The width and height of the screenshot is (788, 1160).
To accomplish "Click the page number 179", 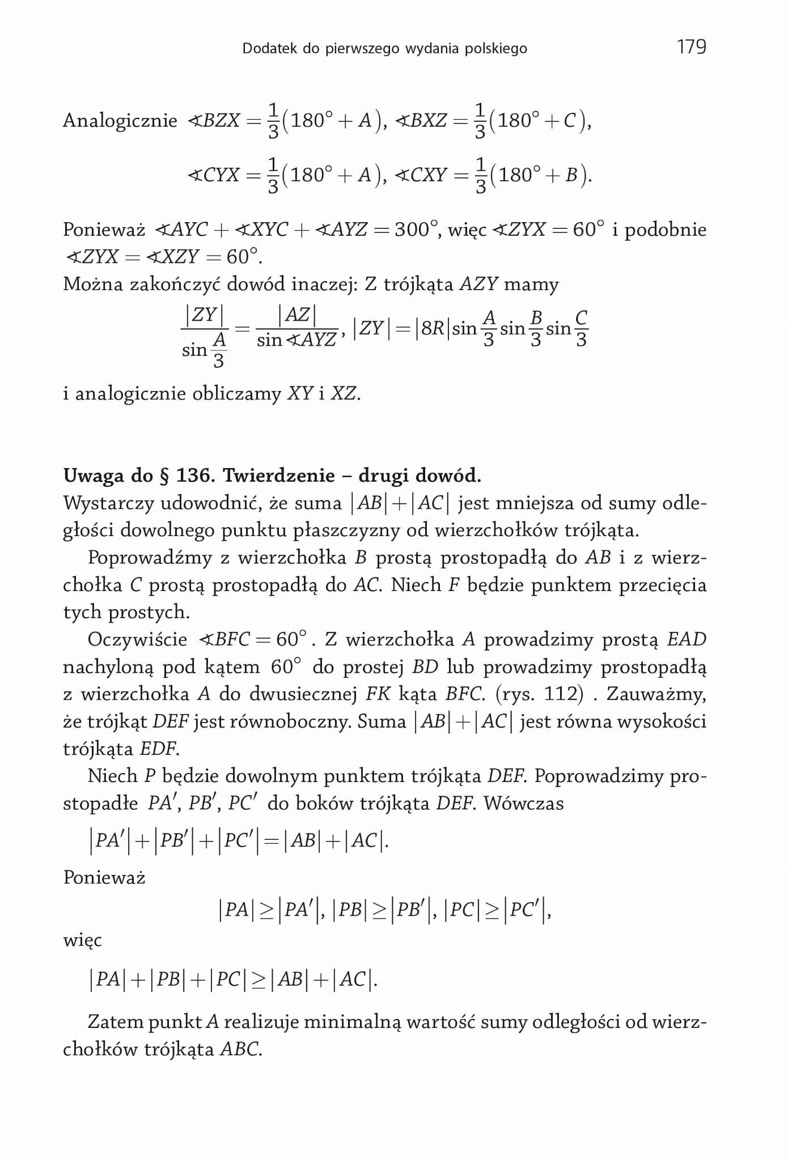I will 691,46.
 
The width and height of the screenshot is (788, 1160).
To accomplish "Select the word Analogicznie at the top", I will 120,121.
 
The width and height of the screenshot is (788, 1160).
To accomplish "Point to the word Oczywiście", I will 137,640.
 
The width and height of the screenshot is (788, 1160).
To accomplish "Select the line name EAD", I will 687,640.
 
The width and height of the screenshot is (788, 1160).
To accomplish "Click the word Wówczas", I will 523,804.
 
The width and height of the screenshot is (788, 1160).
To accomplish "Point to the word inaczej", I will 325,284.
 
